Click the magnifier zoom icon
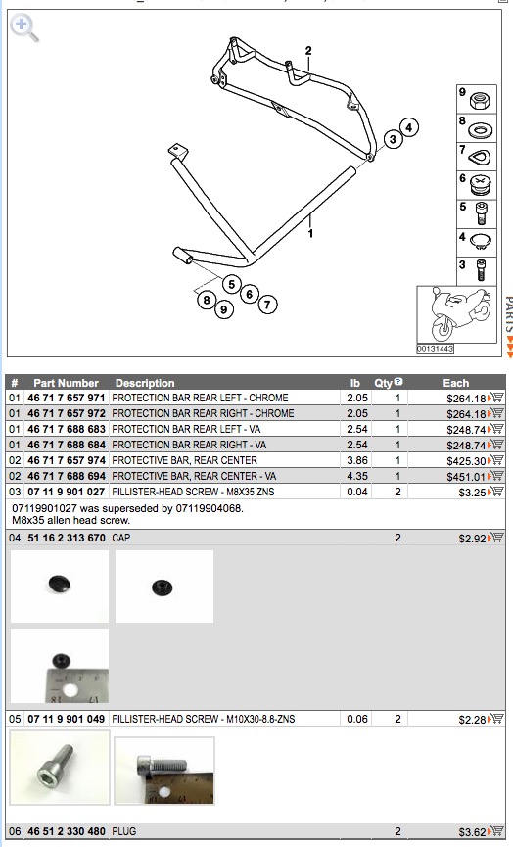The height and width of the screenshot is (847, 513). pyautogui.click(x=24, y=28)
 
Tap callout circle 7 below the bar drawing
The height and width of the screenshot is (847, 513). pyautogui.click(x=267, y=305)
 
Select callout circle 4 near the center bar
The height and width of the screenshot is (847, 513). pyautogui.click(x=409, y=127)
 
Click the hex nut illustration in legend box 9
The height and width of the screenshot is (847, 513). pyautogui.click(x=480, y=101)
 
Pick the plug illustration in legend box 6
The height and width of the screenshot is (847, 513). pyautogui.click(x=480, y=185)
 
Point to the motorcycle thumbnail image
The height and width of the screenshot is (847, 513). pyautogui.click(x=456, y=314)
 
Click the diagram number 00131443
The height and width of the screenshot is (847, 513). pyautogui.click(x=435, y=349)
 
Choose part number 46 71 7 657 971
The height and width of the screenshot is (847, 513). pyautogui.click(x=66, y=399)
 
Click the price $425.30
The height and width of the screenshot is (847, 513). pyautogui.click(x=467, y=461)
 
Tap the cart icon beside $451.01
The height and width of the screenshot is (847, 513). pyautogui.click(x=495, y=476)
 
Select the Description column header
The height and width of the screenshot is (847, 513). pyautogui.click(x=145, y=383)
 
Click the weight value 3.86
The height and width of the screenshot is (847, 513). pyautogui.click(x=357, y=461)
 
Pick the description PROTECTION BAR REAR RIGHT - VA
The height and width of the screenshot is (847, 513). pyautogui.click(x=189, y=446)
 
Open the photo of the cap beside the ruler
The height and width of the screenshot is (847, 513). pyautogui.click(x=60, y=666)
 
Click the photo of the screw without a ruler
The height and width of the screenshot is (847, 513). pyautogui.click(x=60, y=767)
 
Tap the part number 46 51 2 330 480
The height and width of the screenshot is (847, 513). pyautogui.click(x=67, y=831)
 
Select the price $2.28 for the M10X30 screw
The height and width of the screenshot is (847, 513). pyautogui.click(x=473, y=720)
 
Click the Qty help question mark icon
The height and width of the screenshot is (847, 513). pyautogui.click(x=398, y=381)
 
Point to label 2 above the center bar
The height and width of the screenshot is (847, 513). pyautogui.click(x=308, y=51)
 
